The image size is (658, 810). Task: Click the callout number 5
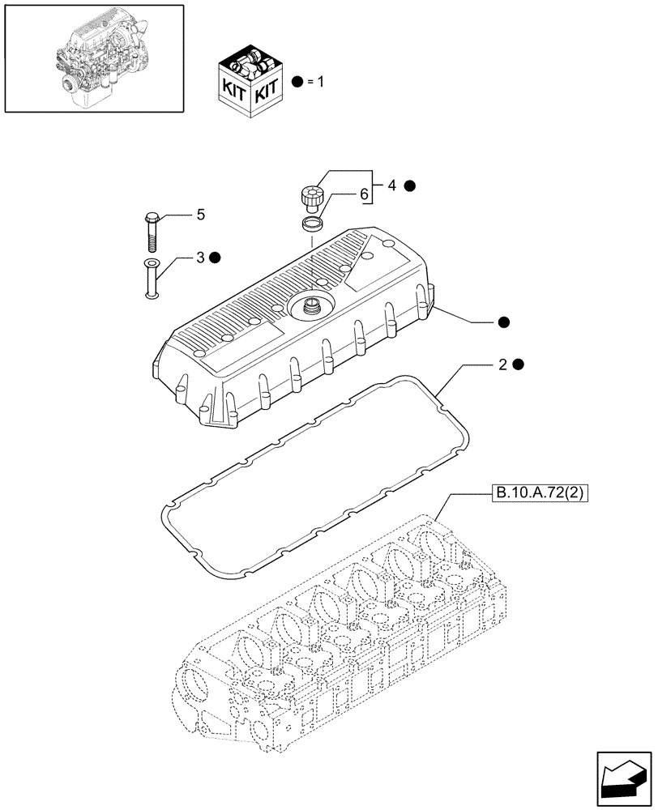click(199, 215)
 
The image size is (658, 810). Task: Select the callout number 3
click(199, 258)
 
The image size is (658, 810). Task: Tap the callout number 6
click(364, 194)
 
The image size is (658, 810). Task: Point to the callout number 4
click(392, 185)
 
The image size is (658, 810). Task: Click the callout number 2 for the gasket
click(503, 364)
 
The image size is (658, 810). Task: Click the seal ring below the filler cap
click(311, 223)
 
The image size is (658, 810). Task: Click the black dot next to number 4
click(410, 185)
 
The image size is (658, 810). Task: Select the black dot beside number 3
click(215, 258)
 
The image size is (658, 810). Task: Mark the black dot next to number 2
click(519, 364)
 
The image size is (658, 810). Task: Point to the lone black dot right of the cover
click(504, 322)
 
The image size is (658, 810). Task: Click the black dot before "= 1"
click(298, 82)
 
